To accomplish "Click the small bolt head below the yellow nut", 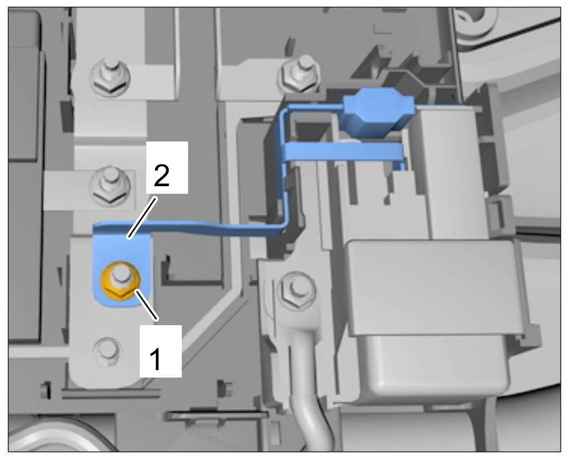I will point(107,348).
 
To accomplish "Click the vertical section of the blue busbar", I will point(283,171).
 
